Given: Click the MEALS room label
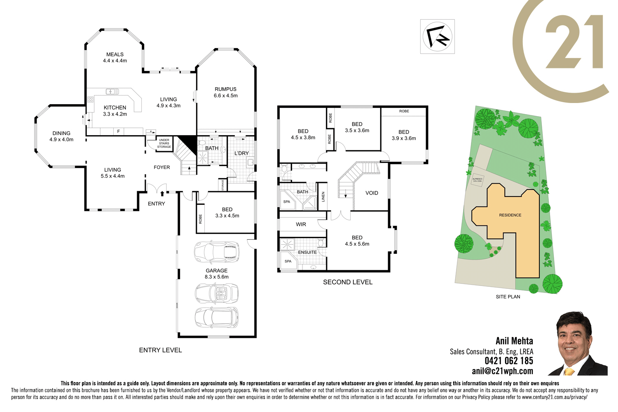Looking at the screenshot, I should click(x=115, y=54).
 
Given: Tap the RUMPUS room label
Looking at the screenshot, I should click(x=225, y=89).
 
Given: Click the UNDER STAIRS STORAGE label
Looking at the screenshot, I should click(x=164, y=143).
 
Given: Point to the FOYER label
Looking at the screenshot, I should click(x=162, y=167).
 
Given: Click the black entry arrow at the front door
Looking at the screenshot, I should click(x=162, y=193).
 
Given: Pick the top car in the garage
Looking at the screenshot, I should click(x=217, y=252).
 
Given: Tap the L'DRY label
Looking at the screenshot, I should click(x=241, y=153).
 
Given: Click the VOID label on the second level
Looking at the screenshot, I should click(x=372, y=193).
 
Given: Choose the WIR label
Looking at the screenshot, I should click(x=301, y=225).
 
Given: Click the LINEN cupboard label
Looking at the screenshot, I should click(x=323, y=197).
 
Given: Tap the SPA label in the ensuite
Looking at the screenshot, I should click(x=288, y=261).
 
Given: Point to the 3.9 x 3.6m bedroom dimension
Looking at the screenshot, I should click(x=404, y=138).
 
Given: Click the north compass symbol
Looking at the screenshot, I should click(x=438, y=37).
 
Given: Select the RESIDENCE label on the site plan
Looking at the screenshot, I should click(x=510, y=215).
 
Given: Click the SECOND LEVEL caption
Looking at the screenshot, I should click(x=348, y=282).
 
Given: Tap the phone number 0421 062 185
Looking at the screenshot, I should click(x=509, y=361).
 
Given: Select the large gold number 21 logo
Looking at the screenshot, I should click(x=574, y=42).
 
